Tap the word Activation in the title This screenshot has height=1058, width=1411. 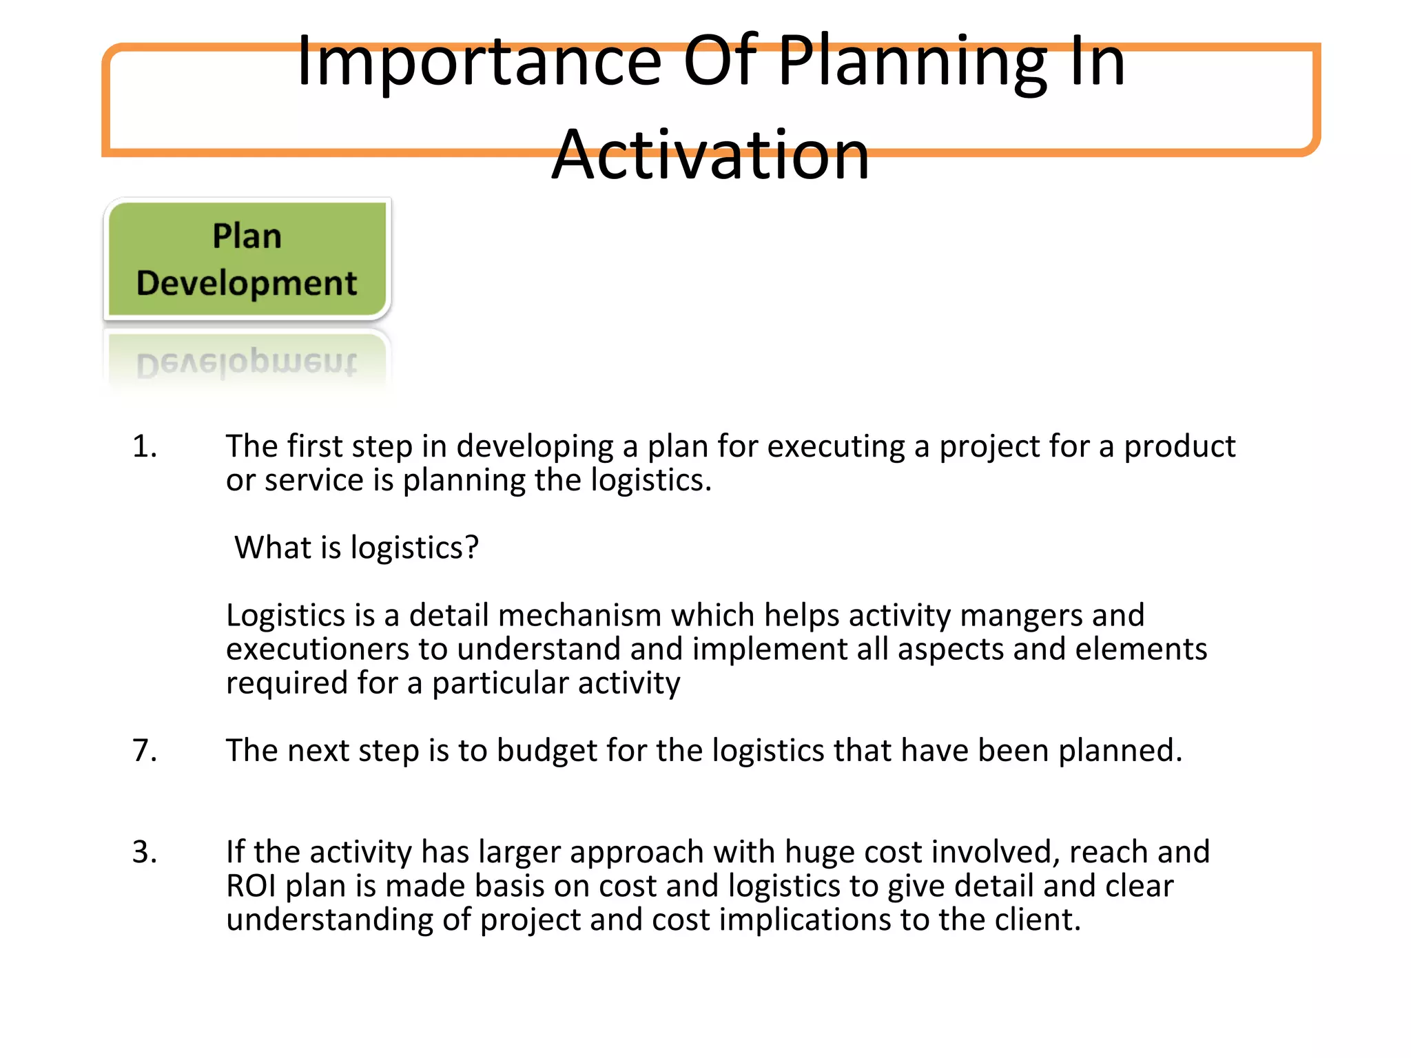pyautogui.click(x=710, y=156)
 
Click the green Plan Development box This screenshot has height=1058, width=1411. pyautogui.click(x=247, y=260)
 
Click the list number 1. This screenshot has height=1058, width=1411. pyautogui.click(x=144, y=446)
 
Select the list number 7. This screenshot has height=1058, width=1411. pyautogui.click(x=144, y=750)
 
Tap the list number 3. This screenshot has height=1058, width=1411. pyautogui.click(x=144, y=852)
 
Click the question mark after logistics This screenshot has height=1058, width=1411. pyautogui.click(x=471, y=548)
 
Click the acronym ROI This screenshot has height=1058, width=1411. pyautogui.click(x=251, y=886)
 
